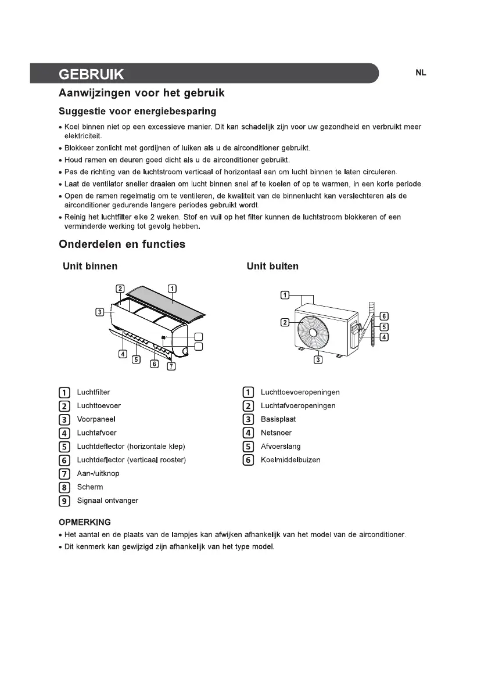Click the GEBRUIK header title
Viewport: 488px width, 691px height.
(91, 75)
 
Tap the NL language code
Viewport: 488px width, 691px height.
(421, 73)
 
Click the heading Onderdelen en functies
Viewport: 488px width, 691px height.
(122, 244)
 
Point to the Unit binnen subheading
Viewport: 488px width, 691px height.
(90, 267)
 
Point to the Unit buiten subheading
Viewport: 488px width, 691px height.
(272, 267)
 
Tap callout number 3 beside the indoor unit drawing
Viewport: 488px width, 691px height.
(100, 312)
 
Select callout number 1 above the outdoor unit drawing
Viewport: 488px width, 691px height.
(285, 296)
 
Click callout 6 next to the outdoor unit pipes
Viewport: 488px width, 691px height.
(384, 316)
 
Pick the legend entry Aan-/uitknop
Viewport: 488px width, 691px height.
(98, 474)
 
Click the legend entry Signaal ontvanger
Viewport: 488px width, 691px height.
(107, 501)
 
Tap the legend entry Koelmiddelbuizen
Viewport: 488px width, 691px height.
(290, 460)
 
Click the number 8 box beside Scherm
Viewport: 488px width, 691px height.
(64, 487)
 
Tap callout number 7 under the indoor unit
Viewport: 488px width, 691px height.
(171, 366)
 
